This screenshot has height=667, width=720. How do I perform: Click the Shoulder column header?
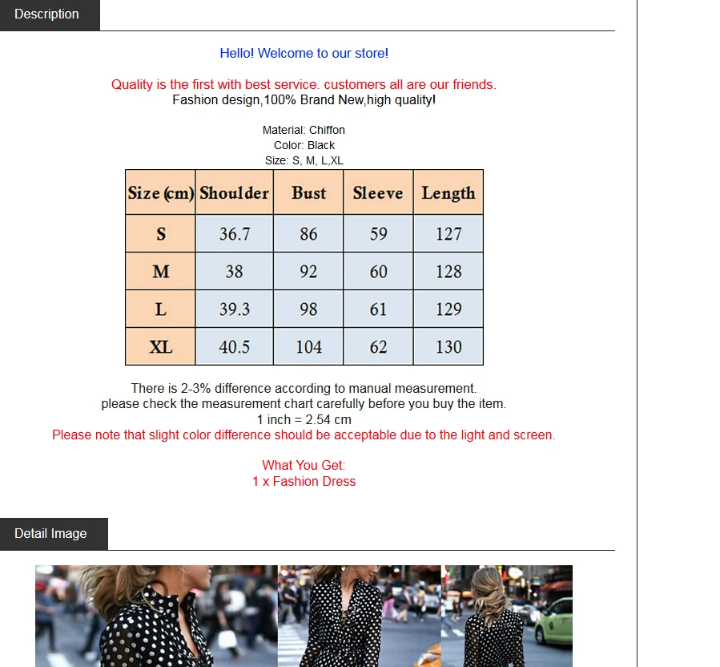(234, 192)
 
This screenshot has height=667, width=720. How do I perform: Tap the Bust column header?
(308, 192)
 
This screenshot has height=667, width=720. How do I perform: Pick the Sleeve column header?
(378, 193)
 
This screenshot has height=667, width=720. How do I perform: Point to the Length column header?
(448, 193)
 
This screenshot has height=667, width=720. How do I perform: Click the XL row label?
(161, 346)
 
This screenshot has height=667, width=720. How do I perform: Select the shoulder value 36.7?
(235, 233)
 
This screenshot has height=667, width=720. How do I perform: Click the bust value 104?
(308, 346)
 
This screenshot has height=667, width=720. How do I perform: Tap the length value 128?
(448, 271)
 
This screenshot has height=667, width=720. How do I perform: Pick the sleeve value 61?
(378, 309)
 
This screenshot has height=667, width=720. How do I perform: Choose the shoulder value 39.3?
(235, 309)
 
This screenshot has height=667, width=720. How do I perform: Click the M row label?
(161, 271)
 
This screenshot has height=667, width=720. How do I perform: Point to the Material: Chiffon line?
(304, 130)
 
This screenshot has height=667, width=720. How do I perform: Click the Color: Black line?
(304, 145)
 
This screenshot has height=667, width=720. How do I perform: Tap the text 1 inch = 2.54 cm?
(304, 420)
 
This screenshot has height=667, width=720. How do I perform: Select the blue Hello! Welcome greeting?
(304, 54)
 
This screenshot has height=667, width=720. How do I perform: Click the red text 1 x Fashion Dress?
(304, 481)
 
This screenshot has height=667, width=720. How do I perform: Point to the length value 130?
(448, 346)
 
